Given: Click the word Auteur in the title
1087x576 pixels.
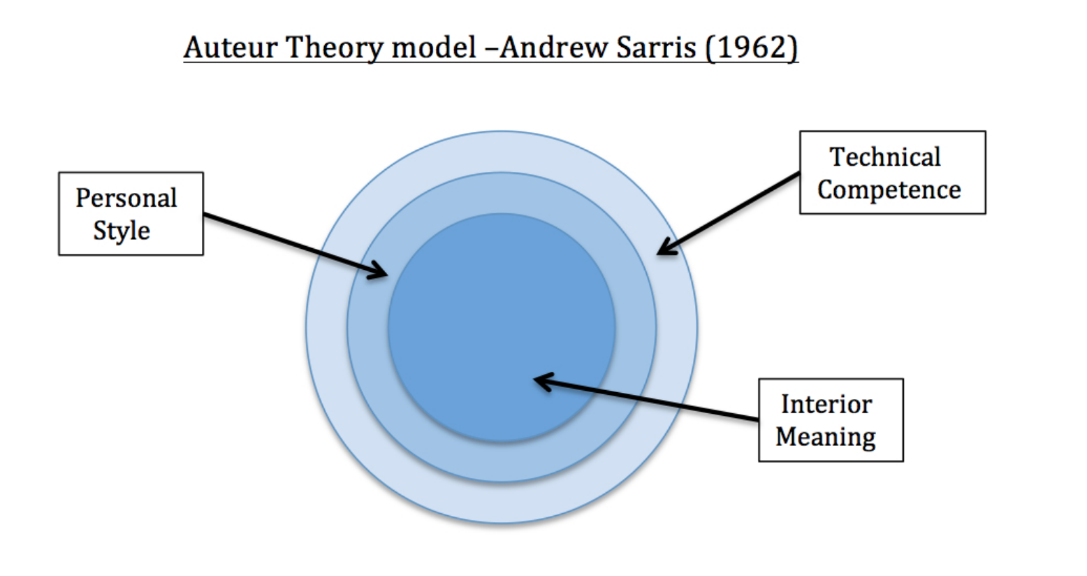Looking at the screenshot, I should pyautogui.click(x=231, y=48).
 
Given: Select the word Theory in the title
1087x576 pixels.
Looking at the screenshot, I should pyautogui.click(x=335, y=48).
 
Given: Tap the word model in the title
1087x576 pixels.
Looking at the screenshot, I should pyautogui.click(x=434, y=48).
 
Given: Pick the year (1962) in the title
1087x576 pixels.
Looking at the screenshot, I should pyautogui.click(x=751, y=48).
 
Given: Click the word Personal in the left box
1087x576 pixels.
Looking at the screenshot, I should pyautogui.click(x=126, y=198).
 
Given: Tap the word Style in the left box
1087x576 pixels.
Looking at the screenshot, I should pyautogui.click(x=122, y=231).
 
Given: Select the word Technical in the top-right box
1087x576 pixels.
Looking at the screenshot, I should pyautogui.click(x=885, y=157).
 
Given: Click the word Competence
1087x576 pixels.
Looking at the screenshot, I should pyautogui.click(x=889, y=189).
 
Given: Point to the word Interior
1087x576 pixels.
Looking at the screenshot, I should pyautogui.click(x=826, y=404).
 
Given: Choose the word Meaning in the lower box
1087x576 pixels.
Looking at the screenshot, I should pyautogui.click(x=825, y=437).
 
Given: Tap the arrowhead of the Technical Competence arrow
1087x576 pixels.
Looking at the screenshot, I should pyautogui.click(x=664, y=248).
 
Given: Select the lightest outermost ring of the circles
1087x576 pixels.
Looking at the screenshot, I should pyautogui.click(x=502, y=503).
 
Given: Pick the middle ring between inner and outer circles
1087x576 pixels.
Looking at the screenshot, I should pyautogui.click(x=502, y=461).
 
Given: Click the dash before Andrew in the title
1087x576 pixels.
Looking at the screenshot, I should pyautogui.click(x=488, y=48).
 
